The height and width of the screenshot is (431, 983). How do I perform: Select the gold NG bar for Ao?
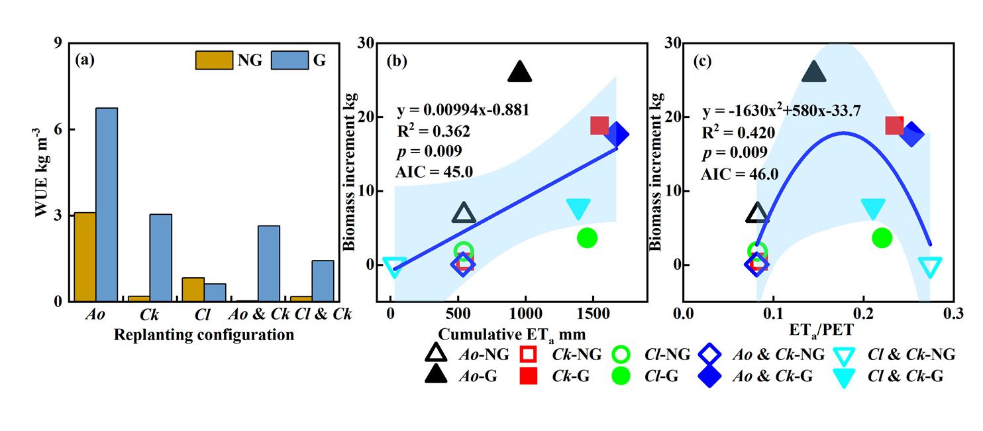tap(85, 257)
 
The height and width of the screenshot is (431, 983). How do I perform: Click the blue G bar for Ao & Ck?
tap(269, 263)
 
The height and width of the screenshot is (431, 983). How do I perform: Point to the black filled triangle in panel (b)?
tap(520, 72)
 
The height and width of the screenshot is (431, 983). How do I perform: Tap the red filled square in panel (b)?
tap(599, 125)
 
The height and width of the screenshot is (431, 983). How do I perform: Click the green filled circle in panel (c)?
tap(882, 237)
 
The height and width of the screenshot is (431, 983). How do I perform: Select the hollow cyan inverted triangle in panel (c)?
tap(930, 267)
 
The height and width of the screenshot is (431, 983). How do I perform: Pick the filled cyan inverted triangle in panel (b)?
tap(579, 209)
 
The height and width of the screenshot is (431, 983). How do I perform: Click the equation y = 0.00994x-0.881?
tap(463, 109)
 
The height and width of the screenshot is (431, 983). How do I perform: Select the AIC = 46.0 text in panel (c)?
tap(740, 174)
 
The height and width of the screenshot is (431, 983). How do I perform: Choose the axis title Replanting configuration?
tap(204, 334)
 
